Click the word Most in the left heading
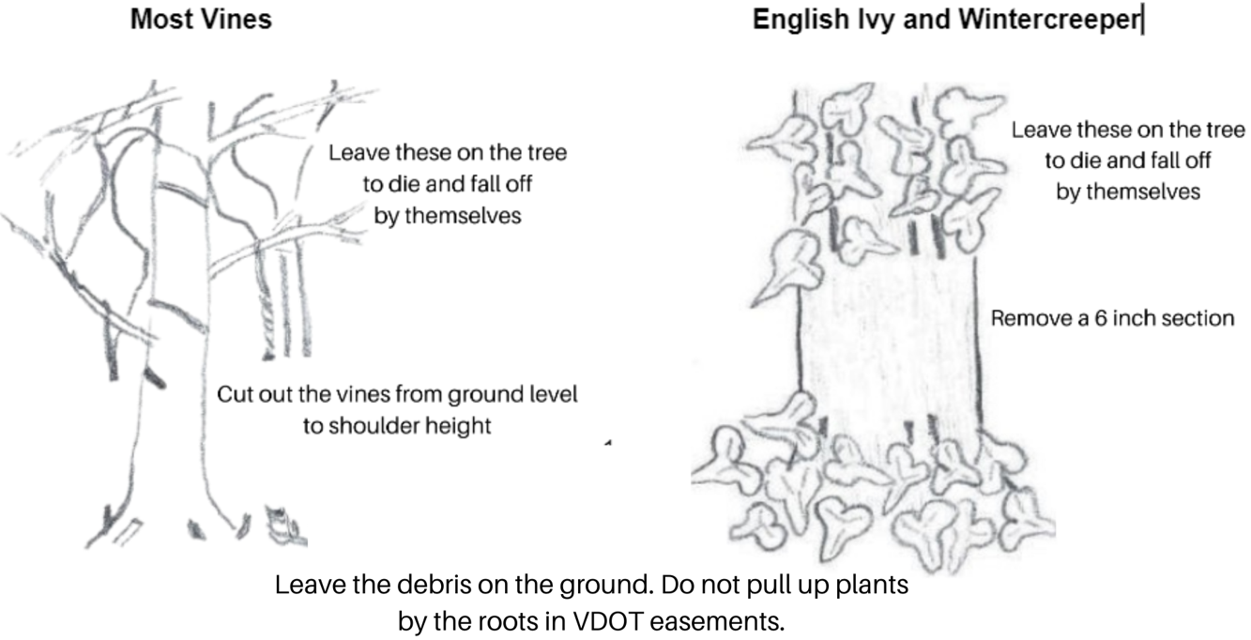(x=156, y=20)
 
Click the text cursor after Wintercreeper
(x=1142, y=20)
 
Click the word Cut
(x=235, y=394)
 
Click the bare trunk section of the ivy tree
(x=887, y=328)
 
